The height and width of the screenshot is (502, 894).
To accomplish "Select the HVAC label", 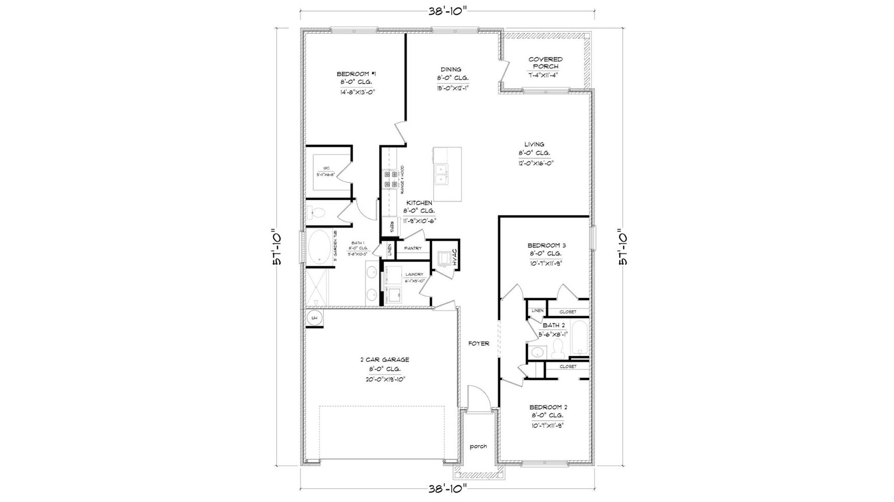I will point(454,257).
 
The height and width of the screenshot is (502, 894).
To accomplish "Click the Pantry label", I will point(413,248).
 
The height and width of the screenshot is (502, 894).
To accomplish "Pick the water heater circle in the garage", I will point(315,318).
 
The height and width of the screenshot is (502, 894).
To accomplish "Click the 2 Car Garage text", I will point(385,360).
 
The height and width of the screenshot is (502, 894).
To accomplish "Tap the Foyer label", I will point(478,343).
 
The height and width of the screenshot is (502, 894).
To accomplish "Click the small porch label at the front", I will point(478,446).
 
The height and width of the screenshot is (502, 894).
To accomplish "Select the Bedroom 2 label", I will point(548,407).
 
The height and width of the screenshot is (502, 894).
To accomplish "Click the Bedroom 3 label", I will point(546,245).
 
